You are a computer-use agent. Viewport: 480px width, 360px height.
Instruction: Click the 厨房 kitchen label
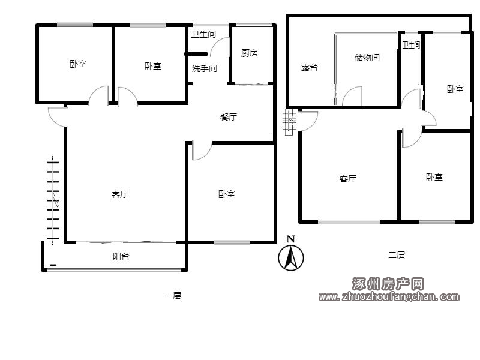pos(249,53)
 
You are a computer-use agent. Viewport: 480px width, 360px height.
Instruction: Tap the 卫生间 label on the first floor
pos(203,34)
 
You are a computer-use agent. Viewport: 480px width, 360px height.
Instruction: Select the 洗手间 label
pos(204,68)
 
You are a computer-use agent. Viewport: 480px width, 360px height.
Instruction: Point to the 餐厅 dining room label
pos(229,116)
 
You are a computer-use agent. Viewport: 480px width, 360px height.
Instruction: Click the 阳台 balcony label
pos(121,256)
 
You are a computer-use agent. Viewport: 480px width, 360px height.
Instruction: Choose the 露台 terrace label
pos(309,67)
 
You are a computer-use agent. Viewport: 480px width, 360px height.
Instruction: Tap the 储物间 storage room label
pos(367,57)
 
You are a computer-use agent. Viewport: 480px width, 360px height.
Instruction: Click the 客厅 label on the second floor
pos(348,178)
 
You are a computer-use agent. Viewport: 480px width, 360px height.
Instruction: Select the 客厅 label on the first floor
pos(119,194)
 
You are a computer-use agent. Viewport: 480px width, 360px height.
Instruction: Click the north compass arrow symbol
pos(291,257)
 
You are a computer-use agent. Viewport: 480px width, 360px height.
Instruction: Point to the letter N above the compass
pos(291,239)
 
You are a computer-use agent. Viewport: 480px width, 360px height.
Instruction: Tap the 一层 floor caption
pos(173,296)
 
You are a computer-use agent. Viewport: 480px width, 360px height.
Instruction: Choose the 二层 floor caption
pos(397,254)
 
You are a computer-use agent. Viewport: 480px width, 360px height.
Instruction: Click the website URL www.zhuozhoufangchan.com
pos(389,296)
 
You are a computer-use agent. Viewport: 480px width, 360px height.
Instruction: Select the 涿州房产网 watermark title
pos(388,284)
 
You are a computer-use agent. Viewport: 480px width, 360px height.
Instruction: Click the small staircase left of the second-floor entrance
pos(289,122)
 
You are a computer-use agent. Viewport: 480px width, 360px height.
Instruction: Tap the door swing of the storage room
pos(352,96)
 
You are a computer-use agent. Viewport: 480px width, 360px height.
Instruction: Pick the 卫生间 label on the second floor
pos(411,45)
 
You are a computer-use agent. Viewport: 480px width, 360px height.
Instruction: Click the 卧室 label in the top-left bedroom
pos(78,64)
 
